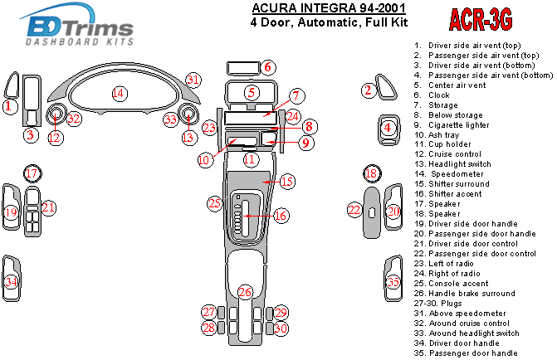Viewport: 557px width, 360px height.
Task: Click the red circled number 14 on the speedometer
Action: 119,93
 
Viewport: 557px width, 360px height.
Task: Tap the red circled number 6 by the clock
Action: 267,67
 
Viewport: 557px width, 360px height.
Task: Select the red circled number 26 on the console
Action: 245,292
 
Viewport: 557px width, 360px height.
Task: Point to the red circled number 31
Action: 193,80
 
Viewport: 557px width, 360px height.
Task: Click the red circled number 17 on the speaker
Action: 31,173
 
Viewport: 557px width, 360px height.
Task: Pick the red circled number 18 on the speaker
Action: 372,173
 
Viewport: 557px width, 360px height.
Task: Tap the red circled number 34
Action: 11,283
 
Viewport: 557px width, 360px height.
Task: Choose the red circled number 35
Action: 393,283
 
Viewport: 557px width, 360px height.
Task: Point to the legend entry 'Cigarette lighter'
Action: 456,124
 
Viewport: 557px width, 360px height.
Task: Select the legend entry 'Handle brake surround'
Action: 471,294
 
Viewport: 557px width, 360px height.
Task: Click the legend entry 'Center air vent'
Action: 457,85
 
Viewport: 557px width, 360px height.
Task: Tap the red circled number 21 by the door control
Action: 49,207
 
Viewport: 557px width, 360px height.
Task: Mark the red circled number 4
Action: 388,127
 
